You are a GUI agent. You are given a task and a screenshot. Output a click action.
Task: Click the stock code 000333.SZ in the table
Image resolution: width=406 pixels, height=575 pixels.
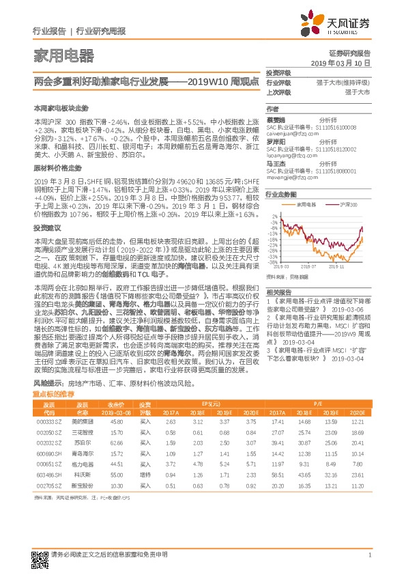48,422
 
